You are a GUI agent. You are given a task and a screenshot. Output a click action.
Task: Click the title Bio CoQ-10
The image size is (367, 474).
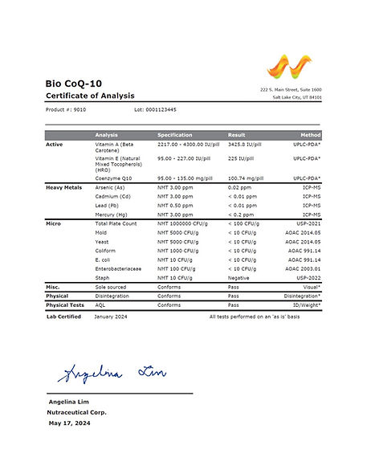73,84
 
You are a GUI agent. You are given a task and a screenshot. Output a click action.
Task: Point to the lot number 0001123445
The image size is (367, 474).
156,109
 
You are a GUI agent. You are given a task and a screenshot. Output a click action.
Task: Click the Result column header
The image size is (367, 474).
236,134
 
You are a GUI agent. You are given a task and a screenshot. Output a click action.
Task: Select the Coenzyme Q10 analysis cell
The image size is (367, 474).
112,178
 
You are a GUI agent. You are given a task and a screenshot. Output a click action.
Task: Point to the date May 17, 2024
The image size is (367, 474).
71,422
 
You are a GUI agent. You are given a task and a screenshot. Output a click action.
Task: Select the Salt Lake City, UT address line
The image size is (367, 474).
297,97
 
